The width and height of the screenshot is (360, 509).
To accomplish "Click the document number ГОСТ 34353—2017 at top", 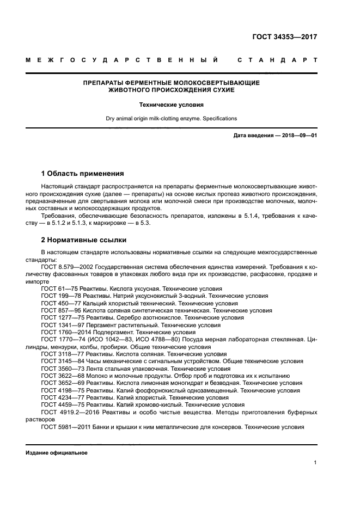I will click(284, 38).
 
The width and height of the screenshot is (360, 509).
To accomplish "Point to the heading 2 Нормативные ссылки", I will click(83, 239).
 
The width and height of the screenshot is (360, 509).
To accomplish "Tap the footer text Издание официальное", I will click(57, 453).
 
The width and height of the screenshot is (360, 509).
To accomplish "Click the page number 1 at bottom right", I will click(315, 463).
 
